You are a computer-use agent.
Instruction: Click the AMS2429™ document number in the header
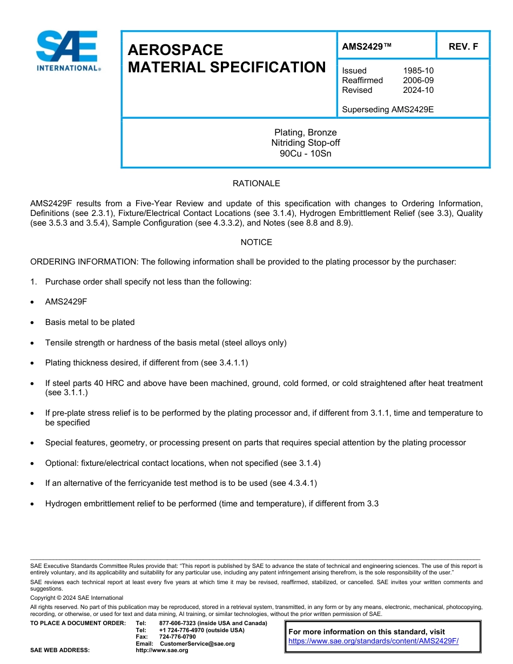(x=366, y=47)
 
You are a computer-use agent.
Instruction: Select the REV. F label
(x=463, y=47)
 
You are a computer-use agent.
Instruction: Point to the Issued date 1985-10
(x=418, y=71)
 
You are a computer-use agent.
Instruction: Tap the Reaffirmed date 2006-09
(x=418, y=80)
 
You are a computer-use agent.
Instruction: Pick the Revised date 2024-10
(x=418, y=90)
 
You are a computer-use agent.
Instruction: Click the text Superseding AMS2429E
(x=388, y=110)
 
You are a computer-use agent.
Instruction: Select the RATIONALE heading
(x=256, y=184)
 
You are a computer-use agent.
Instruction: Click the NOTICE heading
(x=256, y=242)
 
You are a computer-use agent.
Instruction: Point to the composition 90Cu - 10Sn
(x=305, y=153)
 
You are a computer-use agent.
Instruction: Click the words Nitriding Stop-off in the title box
(x=305, y=143)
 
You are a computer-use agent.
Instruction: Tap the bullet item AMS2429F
(x=66, y=302)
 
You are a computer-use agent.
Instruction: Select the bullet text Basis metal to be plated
(x=90, y=322)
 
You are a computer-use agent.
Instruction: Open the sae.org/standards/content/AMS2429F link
(x=373, y=641)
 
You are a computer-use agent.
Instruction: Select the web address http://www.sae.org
(x=161, y=650)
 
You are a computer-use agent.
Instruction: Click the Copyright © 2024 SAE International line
(x=77, y=598)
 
